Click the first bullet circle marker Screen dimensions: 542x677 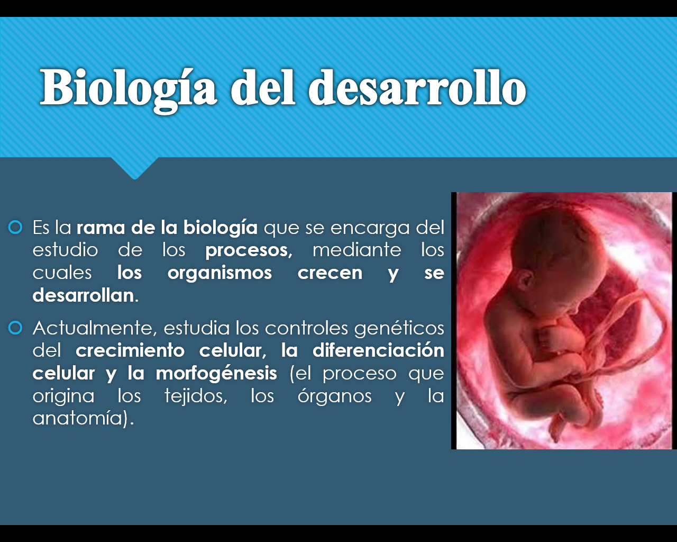[x=15, y=228]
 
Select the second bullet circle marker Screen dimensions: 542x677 [x=15, y=328]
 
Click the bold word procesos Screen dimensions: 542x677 [x=249, y=250]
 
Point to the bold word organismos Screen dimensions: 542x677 [x=219, y=273]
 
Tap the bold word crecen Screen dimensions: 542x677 [x=330, y=273]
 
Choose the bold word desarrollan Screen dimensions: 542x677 [x=84, y=295]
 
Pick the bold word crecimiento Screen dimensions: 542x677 [x=130, y=350]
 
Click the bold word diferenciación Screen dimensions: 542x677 [x=378, y=350]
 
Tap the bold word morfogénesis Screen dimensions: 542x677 [x=216, y=373]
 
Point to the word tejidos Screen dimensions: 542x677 [x=196, y=396]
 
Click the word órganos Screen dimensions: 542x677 [x=334, y=396]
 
